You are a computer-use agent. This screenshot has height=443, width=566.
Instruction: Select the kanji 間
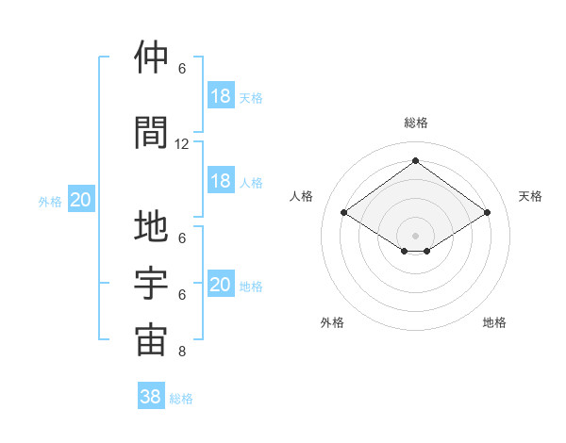(x=151, y=132)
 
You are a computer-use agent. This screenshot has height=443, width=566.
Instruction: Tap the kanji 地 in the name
(x=151, y=228)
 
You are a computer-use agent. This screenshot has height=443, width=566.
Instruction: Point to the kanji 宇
(x=151, y=284)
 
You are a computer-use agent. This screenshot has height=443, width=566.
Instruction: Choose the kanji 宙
(x=151, y=340)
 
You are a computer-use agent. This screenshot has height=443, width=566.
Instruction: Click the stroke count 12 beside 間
(x=182, y=144)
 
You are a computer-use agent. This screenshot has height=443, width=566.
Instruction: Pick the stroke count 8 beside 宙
(x=182, y=353)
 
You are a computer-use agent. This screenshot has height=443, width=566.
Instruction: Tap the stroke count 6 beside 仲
(x=182, y=69)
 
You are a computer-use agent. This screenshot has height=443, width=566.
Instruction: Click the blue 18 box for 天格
(x=221, y=96)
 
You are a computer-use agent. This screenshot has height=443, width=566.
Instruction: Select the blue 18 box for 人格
(x=221, y=181)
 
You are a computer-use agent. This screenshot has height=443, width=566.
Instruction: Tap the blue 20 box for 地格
(x=221, y=285)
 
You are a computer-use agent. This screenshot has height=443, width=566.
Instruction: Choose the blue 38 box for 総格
(x=151, y=397)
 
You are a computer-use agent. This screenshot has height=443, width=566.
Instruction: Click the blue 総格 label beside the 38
(x=182, y=399)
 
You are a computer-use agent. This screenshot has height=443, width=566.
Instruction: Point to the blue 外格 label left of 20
(x=50, y=201)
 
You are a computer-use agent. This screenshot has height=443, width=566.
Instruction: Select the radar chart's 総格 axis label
(x=415, y=123)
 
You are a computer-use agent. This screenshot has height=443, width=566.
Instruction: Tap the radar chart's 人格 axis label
(x=302, y=196)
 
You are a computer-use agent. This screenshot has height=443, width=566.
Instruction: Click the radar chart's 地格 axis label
(x=494, y=322)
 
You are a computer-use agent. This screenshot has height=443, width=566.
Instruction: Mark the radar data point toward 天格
(x=487, y=213)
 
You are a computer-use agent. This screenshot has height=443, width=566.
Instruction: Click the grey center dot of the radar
(x=415, y=235)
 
